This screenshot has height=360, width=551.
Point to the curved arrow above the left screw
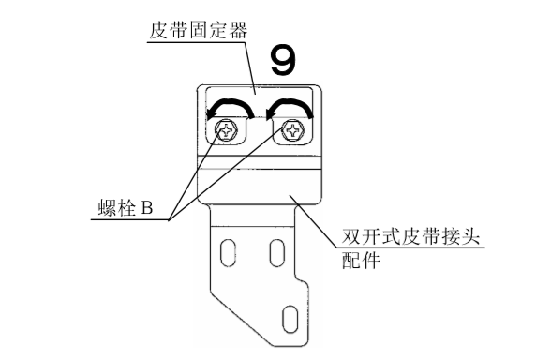[229, 105]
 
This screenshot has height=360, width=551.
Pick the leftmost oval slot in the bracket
[227, 252]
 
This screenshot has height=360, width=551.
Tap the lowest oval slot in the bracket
[290, 316]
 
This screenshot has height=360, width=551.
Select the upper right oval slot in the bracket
[275, 252]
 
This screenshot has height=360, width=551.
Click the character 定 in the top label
[218, 30]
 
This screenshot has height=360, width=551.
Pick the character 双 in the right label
[349, 242]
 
